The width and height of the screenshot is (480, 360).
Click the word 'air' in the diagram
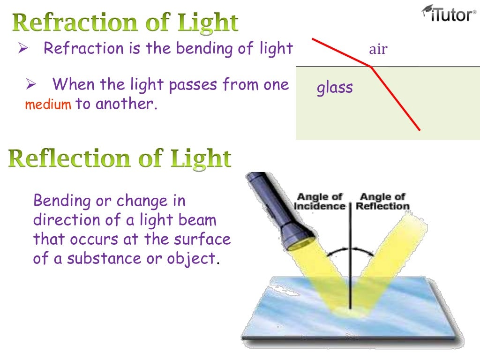[378, 49]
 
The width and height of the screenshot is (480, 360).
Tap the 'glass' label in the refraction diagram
[335, 88]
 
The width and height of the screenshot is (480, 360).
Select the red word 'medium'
[48, 105]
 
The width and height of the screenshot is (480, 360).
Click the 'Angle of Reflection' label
[382, 201]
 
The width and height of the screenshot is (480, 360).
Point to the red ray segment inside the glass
[396, 99]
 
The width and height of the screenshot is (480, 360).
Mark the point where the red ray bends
[372, 67]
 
